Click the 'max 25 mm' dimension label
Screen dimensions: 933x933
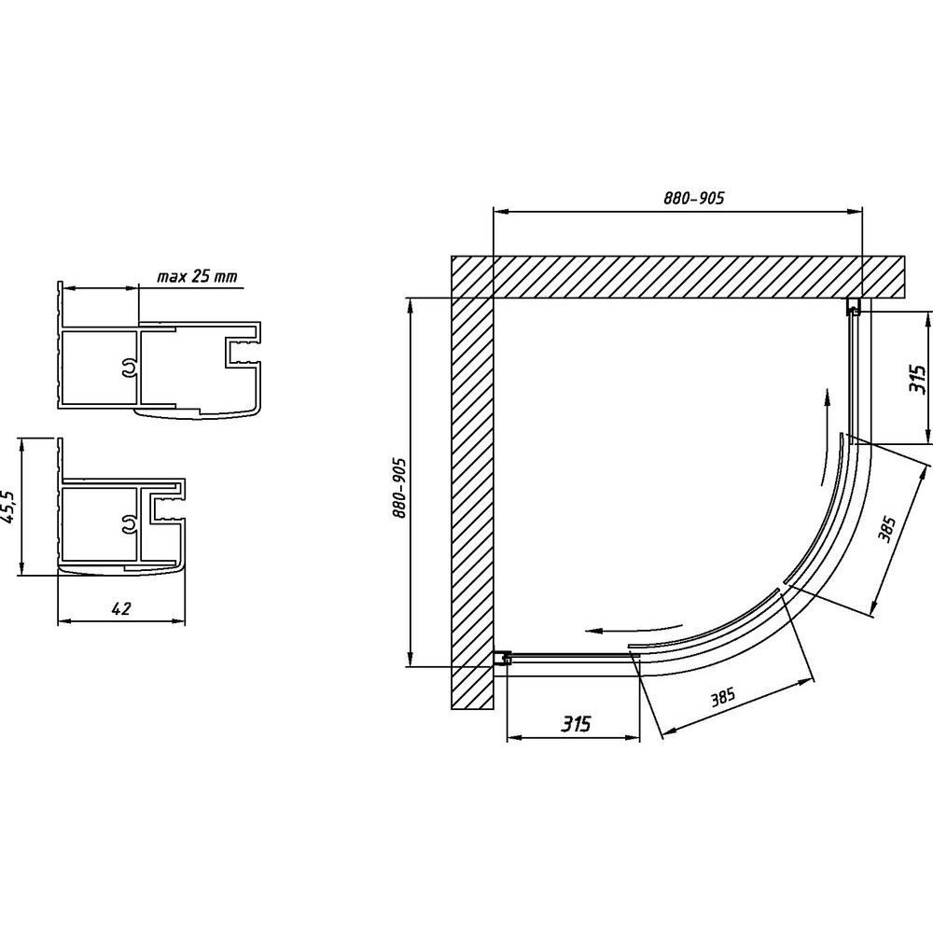197,277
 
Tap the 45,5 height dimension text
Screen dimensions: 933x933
7,507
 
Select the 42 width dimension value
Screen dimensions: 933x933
120,608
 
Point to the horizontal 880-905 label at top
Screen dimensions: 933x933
694,198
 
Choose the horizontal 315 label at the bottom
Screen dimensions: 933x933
577,724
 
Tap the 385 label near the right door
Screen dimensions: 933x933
886,529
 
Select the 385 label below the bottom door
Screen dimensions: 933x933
723,696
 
